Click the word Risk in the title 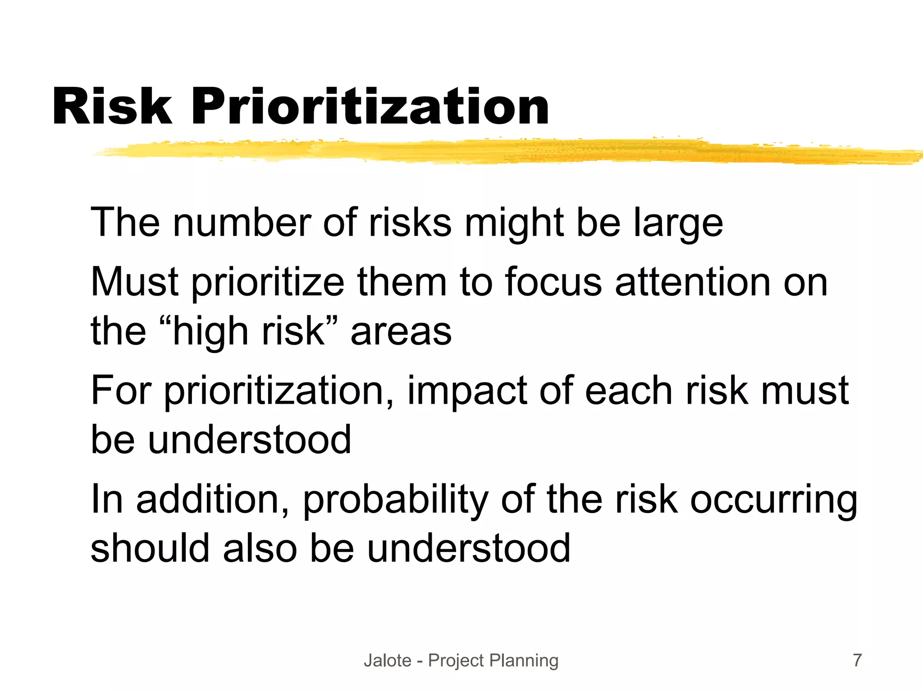point(112,107)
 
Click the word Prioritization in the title point(370,107)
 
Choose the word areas point(401,332)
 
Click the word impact point(467,391)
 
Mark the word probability point(396,500)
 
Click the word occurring point(773,500)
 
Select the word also point(260,548)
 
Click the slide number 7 point(857,660)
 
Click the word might point(514,223)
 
